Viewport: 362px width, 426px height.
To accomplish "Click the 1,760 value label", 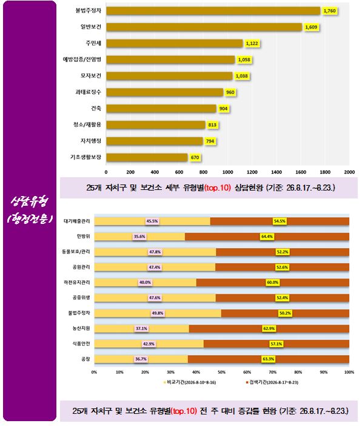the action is tap(329, 11).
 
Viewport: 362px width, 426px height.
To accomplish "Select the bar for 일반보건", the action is tap(204, 27).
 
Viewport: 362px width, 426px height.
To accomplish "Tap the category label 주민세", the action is tap(93, 43).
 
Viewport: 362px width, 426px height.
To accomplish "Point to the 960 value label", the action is tap(230, 92).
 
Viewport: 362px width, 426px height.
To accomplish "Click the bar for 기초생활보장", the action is tap(147, 157).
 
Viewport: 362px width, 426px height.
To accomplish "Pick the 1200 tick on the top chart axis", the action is tap(252, 172).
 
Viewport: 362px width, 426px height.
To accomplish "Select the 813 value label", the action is tap(212, 125).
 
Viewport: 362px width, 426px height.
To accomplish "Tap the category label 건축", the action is tap(96, 109).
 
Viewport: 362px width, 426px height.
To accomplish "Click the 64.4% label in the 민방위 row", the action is tap(267, 237).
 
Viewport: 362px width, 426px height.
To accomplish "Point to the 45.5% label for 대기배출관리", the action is tap(152, 221).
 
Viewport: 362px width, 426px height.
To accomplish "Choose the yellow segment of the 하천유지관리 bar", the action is tap(146, 283).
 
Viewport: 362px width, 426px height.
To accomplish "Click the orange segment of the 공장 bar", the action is tap(268, 359).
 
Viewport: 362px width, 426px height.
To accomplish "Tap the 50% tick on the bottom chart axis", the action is tap(221, 372).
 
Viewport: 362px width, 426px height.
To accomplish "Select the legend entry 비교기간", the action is tap(190, 382).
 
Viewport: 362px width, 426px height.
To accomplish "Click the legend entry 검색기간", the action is tap(272, 382).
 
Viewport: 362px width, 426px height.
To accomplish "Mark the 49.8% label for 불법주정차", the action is tap(158, 313).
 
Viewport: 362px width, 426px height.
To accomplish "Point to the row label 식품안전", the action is tap(81, 343).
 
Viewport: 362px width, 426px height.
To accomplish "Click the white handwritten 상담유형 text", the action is tap(30, 201).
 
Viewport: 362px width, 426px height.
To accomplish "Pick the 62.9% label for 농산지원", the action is tap(269, 328).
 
